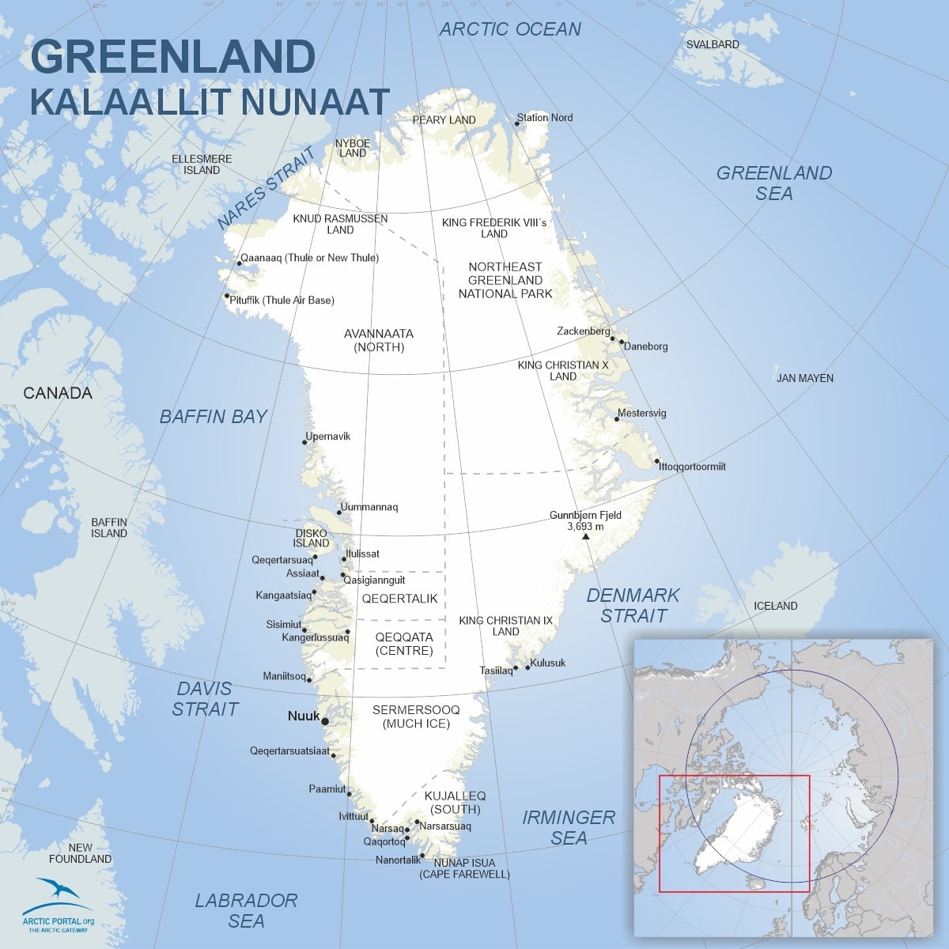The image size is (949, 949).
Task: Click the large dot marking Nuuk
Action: pos(325,720)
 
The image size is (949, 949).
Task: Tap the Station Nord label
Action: pos(545,118)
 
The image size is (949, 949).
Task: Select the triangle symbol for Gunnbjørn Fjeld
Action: pos(585,537)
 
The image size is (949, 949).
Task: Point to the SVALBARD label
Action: pos(712,44)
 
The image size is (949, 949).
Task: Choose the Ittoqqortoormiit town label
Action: pos(693,467)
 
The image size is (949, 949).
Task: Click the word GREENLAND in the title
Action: pos(172,57)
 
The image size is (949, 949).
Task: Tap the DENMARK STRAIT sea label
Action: pos(633,605)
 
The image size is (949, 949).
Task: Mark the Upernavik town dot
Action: pos(304,442)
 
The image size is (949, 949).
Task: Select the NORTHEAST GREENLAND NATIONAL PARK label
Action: pos(505,280)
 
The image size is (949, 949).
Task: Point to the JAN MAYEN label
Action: pos(804,378)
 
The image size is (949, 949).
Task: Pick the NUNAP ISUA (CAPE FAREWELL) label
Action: pos(464,868)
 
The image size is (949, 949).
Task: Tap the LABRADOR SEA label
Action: pos(246,910)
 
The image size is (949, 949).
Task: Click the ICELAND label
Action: pos(775,606)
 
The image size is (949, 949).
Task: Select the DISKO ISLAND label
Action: pos(311,539)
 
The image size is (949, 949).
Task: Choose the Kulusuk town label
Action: pos(548,664)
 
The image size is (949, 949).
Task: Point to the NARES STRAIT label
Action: pos(266,188)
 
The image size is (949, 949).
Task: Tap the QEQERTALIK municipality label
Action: pos(399,599)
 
